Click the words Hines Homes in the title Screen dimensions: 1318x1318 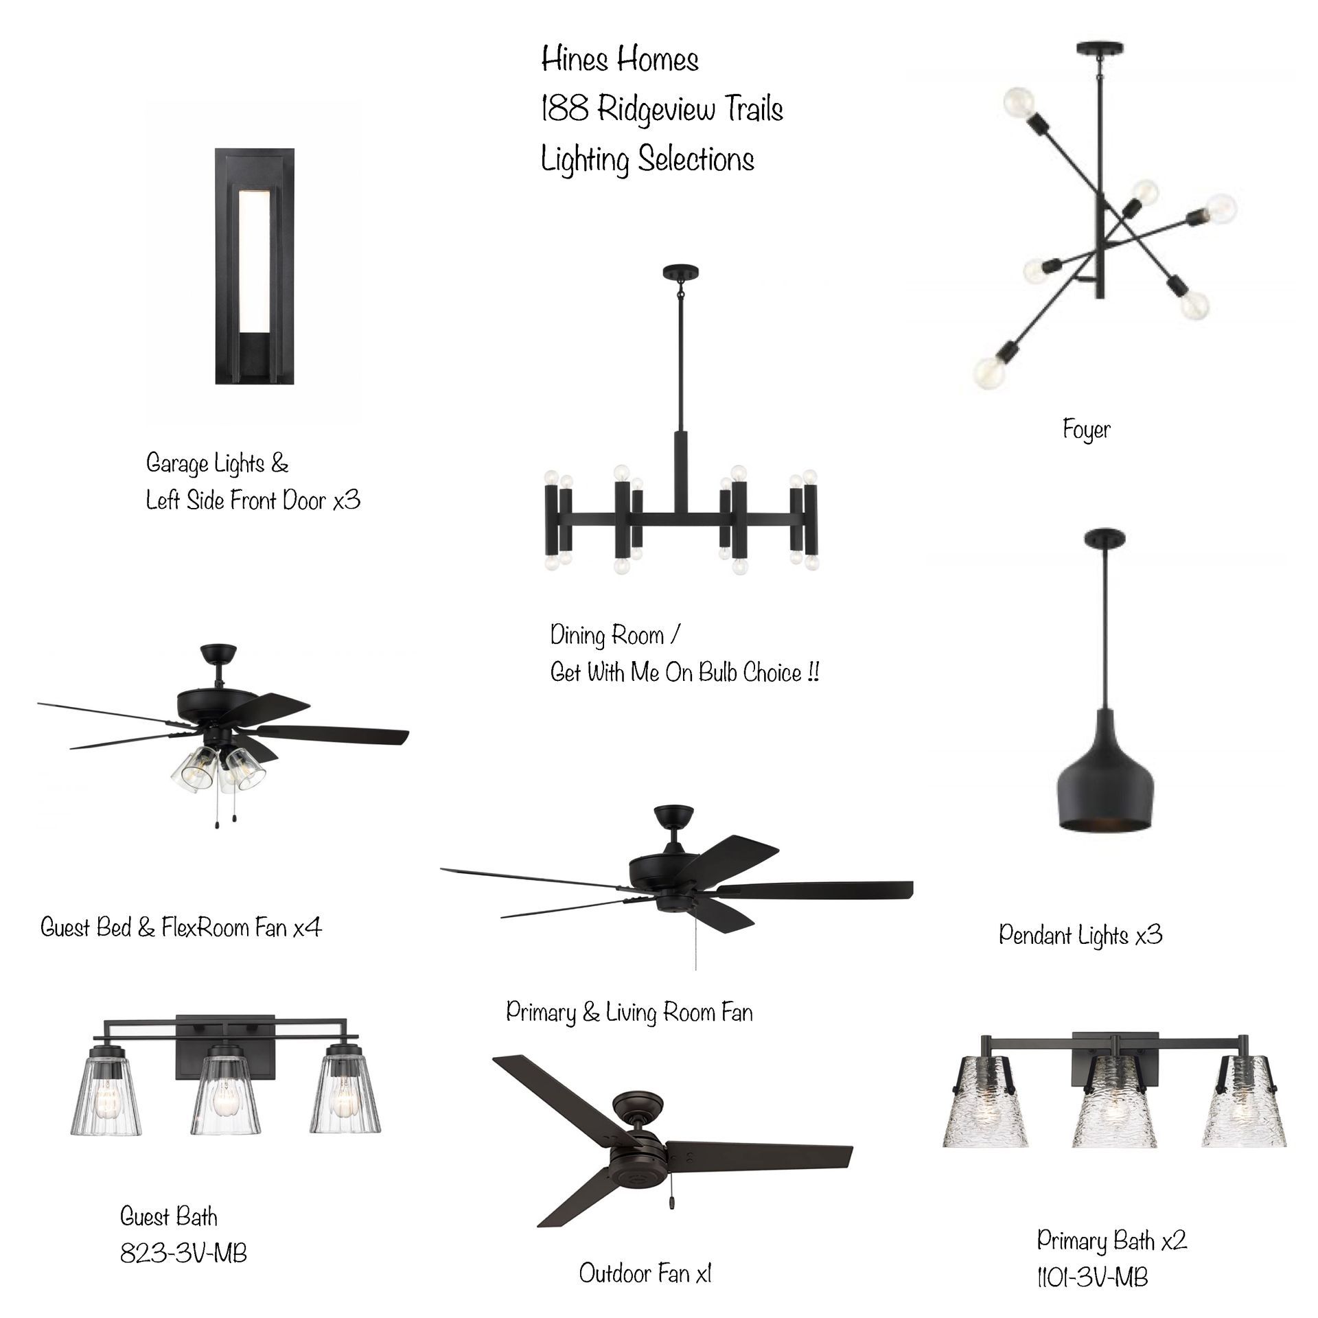coord(620,60)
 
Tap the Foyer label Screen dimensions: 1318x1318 coord(1086,430)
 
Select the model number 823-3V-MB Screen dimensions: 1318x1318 coord(183,1253)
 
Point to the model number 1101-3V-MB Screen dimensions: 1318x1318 coord(1092,1277)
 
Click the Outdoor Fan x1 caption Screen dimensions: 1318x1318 coord(645,1273)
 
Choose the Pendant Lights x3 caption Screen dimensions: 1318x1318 coord(1080,935)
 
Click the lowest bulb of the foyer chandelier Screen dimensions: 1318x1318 coord(991,373)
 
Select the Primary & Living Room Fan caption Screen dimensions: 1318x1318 coord(629,1013)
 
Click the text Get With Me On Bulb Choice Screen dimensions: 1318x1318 coord(684,673)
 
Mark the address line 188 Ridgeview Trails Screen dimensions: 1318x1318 coord(662,109)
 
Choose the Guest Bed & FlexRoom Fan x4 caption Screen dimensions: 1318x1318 coord(181,928)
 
